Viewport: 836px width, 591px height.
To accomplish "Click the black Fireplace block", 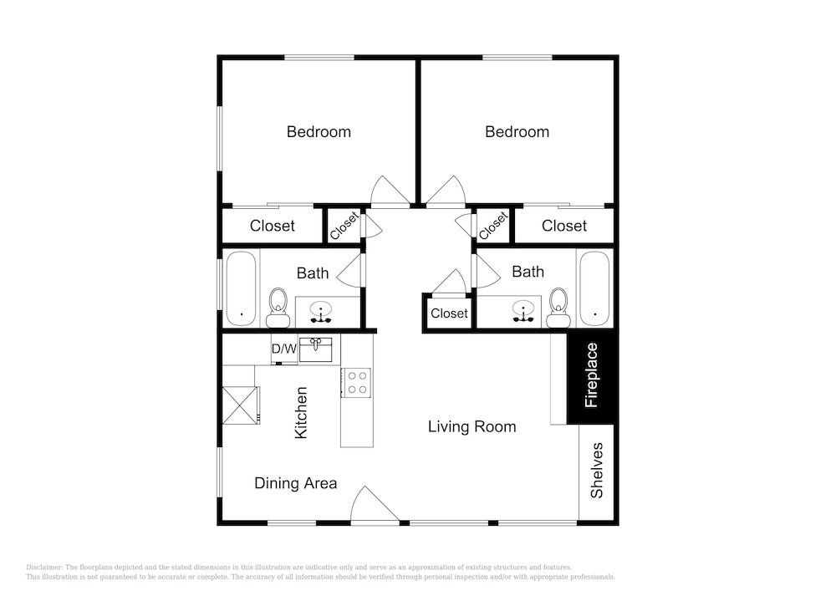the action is point(591,378).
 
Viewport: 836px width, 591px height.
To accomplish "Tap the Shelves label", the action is point(597,471).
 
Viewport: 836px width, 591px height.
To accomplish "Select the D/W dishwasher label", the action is point(284,349).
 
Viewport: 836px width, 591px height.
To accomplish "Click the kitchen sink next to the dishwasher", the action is point(316,349).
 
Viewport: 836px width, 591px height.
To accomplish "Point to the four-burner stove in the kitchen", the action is point(357,383).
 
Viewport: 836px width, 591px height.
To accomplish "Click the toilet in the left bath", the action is point(278,308).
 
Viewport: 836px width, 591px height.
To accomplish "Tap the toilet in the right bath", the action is point(558,308).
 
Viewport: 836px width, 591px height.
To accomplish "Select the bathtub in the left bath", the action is point(241,288).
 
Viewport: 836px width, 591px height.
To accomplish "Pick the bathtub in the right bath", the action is point(594,288).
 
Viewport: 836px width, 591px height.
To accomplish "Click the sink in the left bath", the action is point(321,313).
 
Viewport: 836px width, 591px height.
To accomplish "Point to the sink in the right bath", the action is point(523,311).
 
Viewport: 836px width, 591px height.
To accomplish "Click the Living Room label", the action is point(472,426).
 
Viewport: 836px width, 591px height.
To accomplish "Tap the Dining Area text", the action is point(295,483).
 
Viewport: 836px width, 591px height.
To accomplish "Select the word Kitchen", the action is point(301,413).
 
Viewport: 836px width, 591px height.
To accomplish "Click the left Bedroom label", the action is point(319,131).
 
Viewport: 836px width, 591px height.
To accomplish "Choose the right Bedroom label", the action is point(517,131).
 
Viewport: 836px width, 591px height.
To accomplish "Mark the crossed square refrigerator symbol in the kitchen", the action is point(241,405).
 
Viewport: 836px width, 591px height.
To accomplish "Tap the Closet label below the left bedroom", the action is point(272,226).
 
